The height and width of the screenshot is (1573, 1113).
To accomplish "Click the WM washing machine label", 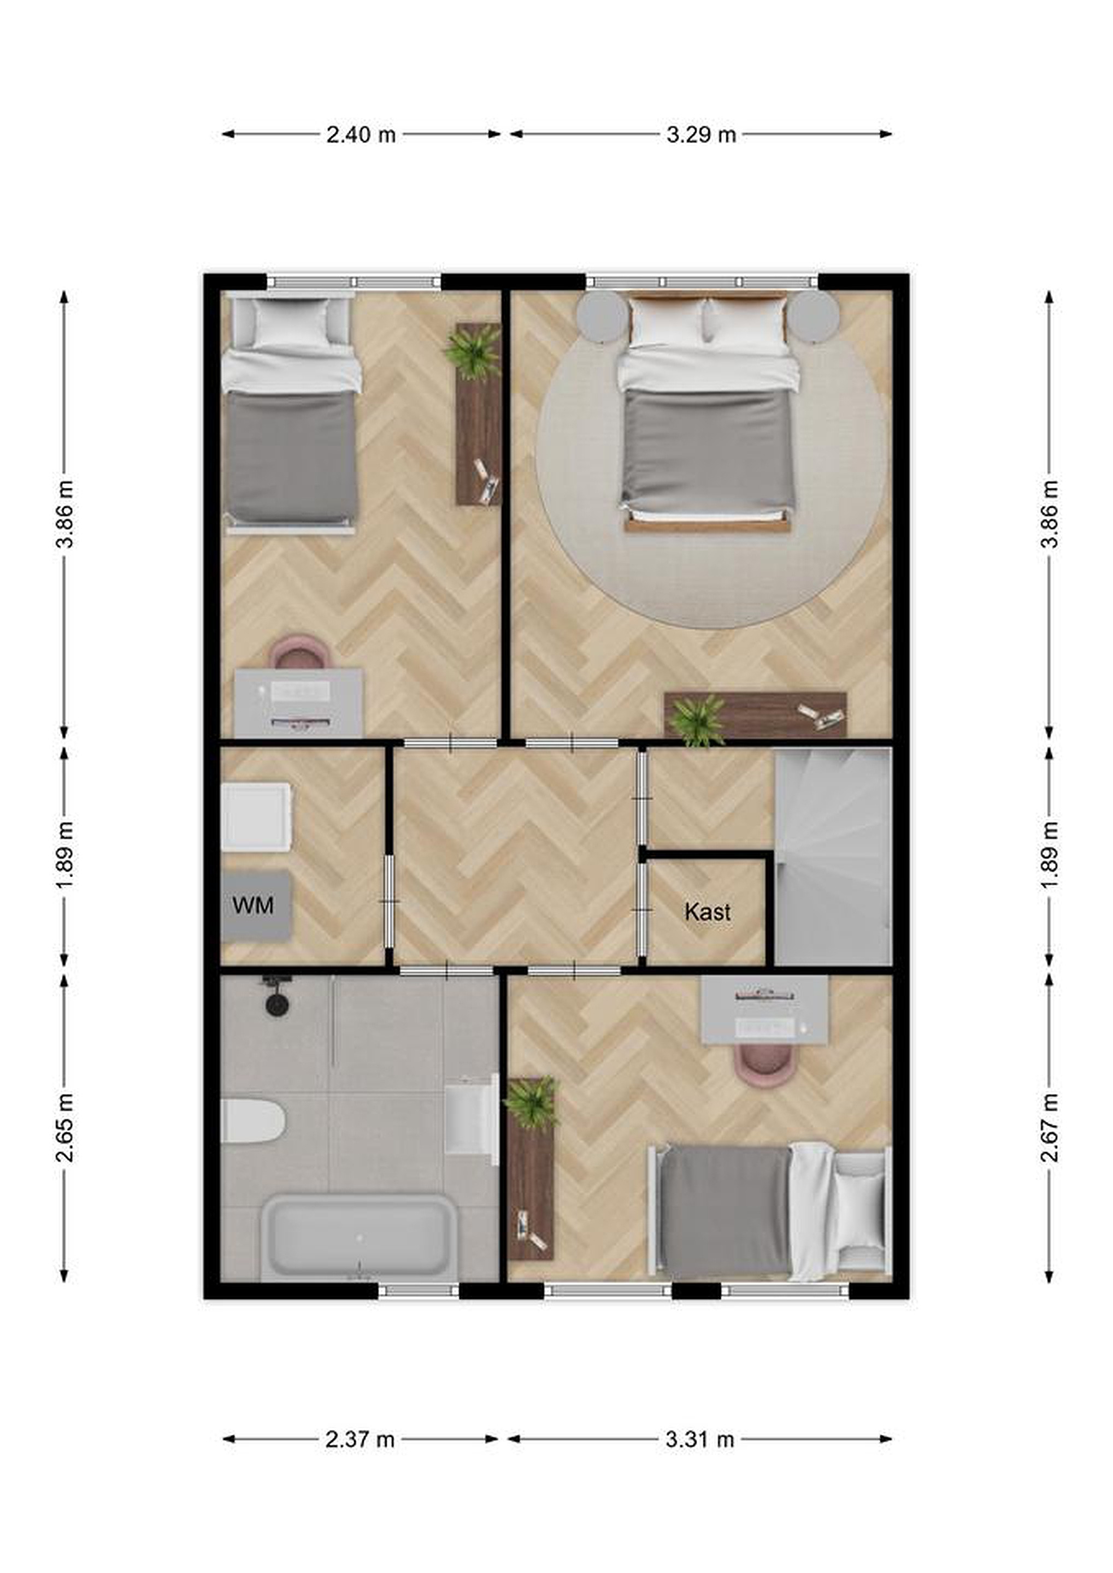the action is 253,905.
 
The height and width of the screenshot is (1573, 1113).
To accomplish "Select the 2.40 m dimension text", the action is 361,134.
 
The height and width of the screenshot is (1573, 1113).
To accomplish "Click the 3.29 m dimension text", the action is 701,134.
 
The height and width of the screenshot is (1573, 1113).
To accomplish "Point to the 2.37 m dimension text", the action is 360,1439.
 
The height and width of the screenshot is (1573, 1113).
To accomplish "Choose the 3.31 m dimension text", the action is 700,1439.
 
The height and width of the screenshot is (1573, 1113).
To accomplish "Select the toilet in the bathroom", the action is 252,1121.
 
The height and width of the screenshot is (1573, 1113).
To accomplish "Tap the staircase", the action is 833,856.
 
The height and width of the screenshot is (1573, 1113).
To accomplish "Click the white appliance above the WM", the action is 256,817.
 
